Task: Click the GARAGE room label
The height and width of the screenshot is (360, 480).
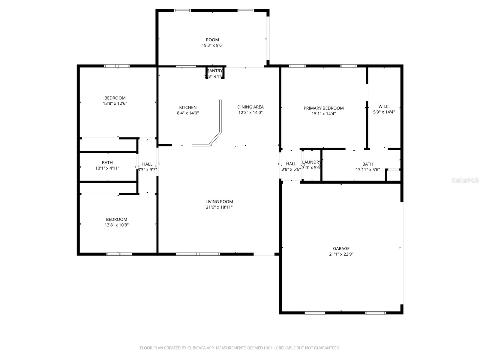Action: (x=341, y=248)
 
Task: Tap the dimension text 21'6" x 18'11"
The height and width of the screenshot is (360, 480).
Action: (x=219, y=207)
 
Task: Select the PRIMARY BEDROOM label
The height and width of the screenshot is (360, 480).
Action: (x=323, y=108)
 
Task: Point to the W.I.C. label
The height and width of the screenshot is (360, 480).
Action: (x=384, y=106)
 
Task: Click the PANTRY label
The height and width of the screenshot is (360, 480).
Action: (x=215, y=71)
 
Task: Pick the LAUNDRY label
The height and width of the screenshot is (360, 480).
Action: (x=311, y=162)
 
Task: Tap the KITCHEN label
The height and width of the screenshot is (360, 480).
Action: (x=188, y=107)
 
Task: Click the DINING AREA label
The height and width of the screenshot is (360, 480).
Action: (x=250, y=107)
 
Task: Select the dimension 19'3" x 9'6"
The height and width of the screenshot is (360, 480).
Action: (x=212, y=46)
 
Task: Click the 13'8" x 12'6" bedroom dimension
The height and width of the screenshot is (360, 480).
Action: (x=115, y=103)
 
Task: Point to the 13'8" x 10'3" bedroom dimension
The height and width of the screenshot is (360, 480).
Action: (x=116, y=225)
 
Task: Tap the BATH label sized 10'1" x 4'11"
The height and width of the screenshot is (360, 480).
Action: (x=107, y=163)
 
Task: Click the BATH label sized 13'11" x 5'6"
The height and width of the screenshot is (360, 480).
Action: (x=367, y=164)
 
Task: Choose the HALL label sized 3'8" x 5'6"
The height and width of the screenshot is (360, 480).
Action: (x=291, y=164)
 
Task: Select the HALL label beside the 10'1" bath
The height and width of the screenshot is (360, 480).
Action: (x=147, y=164)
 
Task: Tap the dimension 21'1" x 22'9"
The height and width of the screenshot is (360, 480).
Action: (x=341, y=254)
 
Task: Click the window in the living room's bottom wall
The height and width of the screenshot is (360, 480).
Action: (x=198, y=254)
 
